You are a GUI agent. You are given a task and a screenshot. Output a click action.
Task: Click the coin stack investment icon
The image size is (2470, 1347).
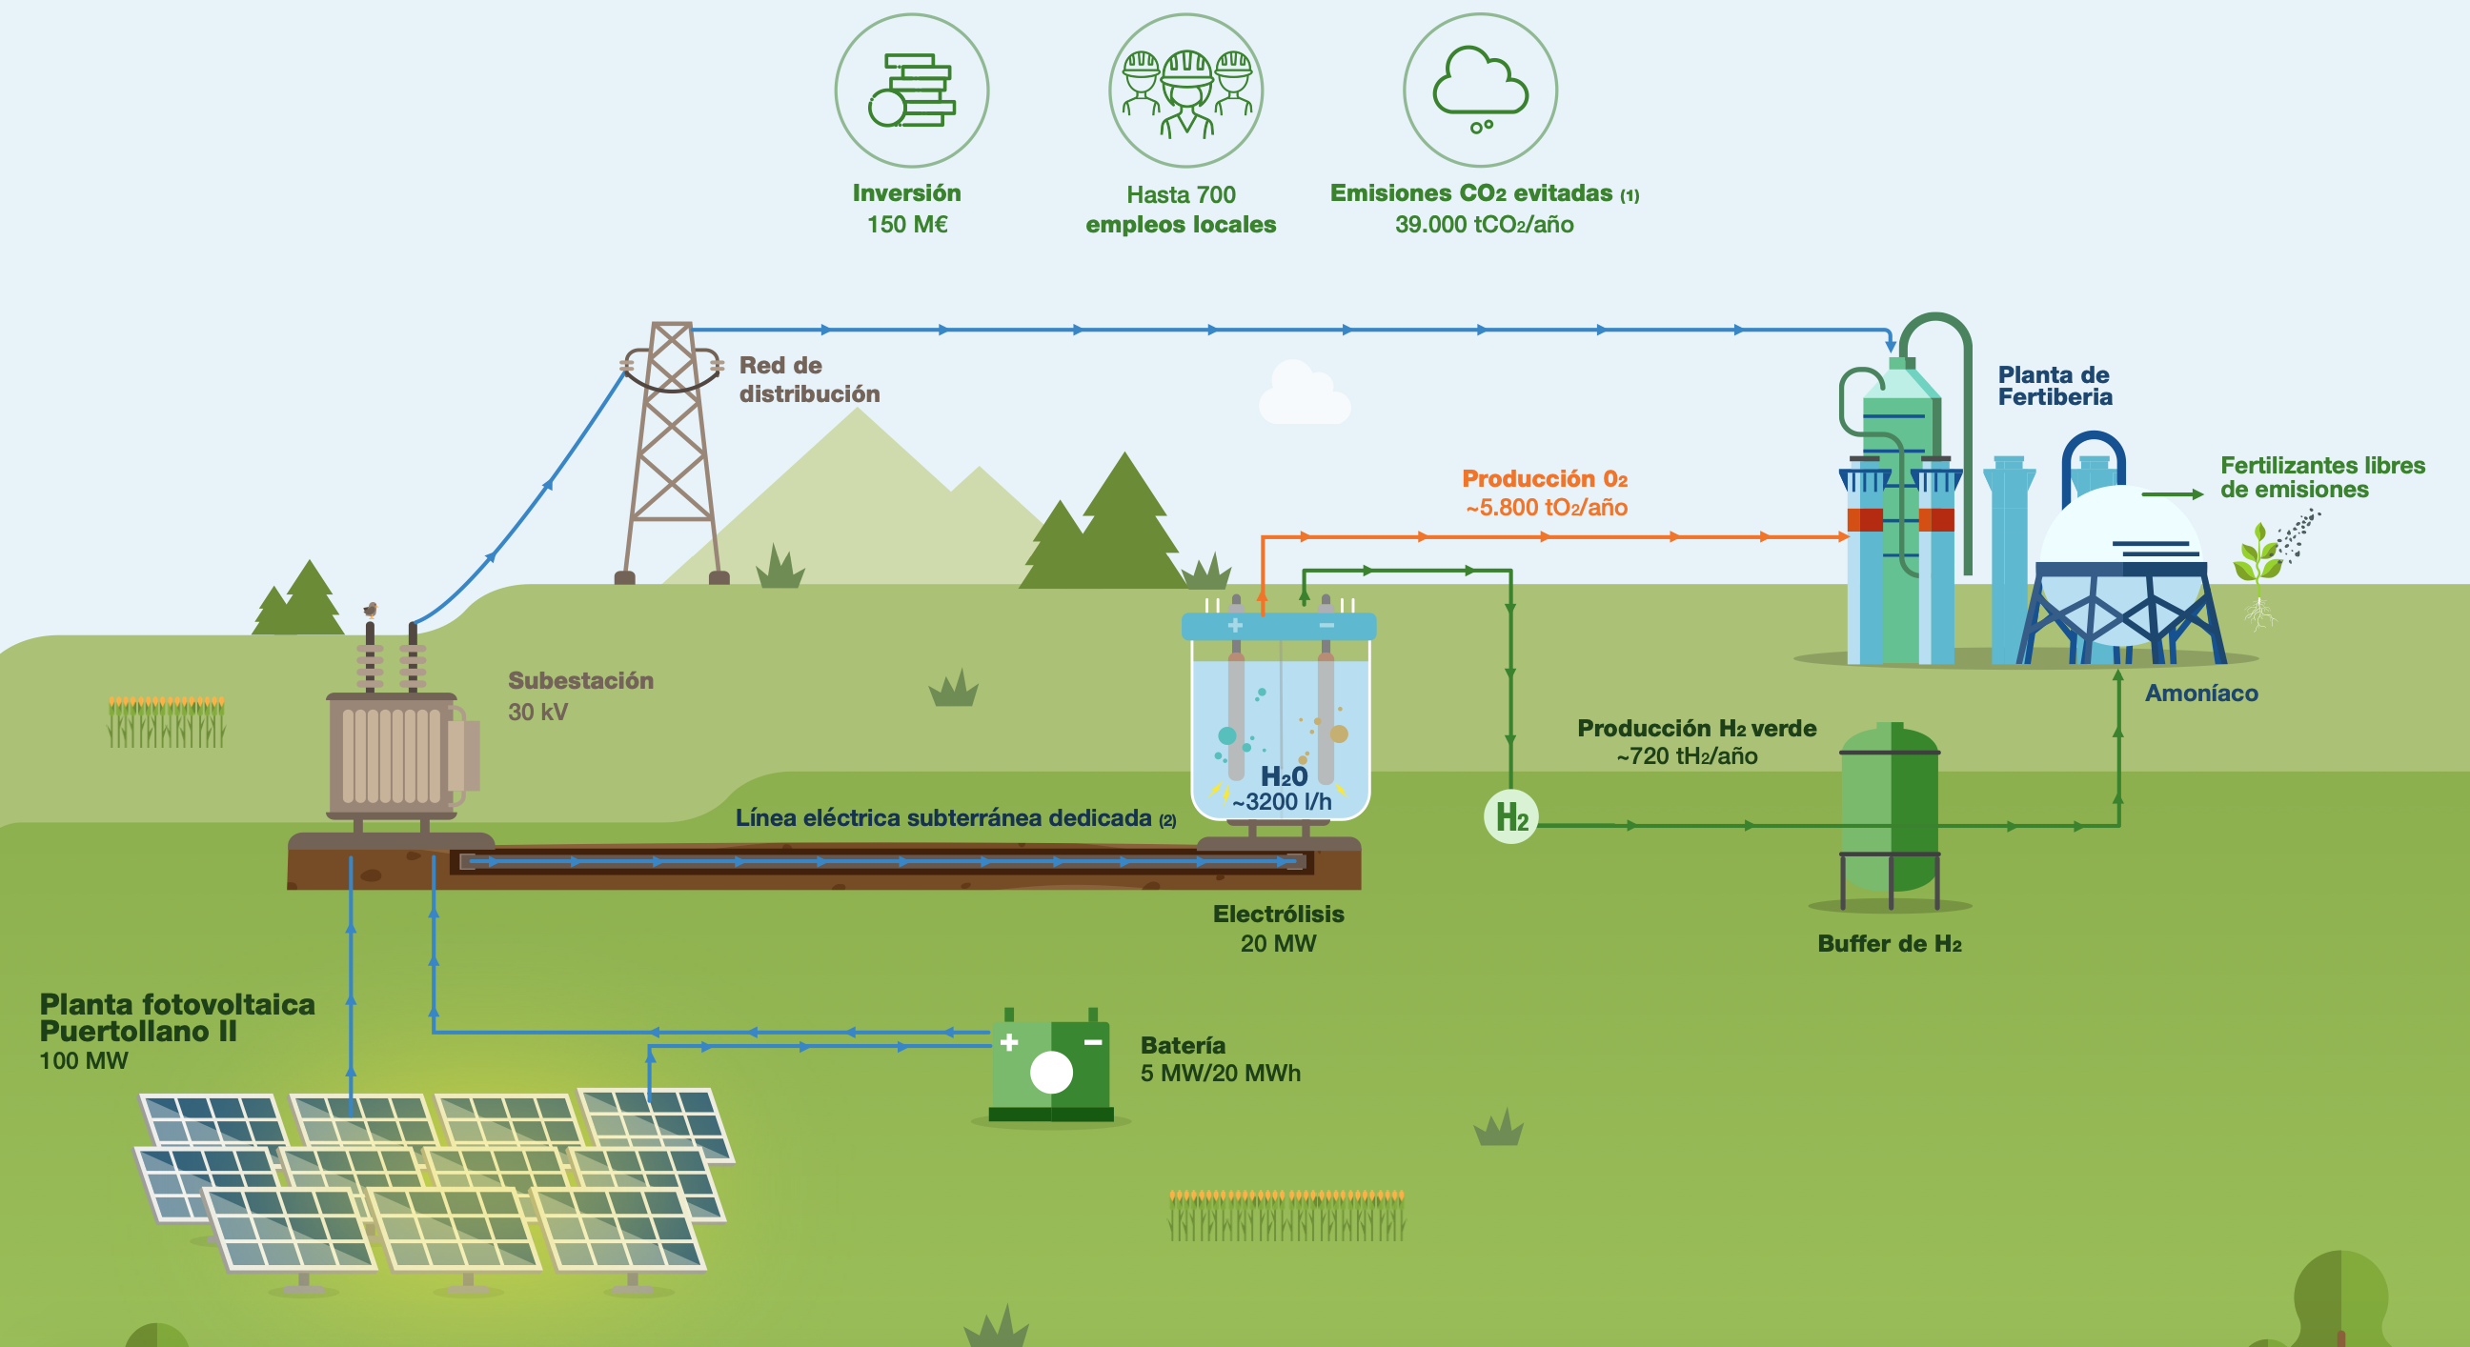pos(911,90)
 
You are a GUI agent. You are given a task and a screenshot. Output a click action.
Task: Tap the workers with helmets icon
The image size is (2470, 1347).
pos(1186,92)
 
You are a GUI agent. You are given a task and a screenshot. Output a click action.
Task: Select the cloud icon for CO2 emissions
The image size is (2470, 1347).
pos(1480,87)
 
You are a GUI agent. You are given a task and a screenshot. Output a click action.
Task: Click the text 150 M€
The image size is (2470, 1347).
pos(907,224)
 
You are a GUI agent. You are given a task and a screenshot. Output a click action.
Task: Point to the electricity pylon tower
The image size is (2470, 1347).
pos(671,451)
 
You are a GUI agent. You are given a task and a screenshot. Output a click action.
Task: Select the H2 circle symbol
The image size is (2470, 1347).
pos(1510,816)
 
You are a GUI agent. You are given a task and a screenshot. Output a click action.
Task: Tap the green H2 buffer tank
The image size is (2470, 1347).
pos(1890,810)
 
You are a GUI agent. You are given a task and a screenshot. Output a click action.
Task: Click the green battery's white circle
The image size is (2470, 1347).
pos(1051,1072)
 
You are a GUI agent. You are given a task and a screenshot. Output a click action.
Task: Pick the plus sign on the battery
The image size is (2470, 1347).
pos(1009,1042)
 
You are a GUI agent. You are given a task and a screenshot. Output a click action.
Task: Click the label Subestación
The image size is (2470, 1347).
pos(580,681)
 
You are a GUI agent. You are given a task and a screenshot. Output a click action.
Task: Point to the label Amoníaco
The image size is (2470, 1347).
pos(2200,694)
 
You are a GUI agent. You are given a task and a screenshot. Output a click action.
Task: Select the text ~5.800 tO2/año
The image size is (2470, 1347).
pos(1546,507)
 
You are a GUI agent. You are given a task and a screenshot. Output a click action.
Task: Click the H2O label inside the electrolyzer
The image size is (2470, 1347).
pos(1283,776)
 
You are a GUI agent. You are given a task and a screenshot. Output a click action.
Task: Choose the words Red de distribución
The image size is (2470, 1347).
pos(808,380)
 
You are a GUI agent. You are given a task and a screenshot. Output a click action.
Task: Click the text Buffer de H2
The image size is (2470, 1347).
pos(1889,943)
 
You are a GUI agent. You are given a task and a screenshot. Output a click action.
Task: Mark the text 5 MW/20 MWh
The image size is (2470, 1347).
pos(1220,1073)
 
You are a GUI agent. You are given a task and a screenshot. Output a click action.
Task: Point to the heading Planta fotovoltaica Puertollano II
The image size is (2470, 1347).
pos(177,1017)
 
